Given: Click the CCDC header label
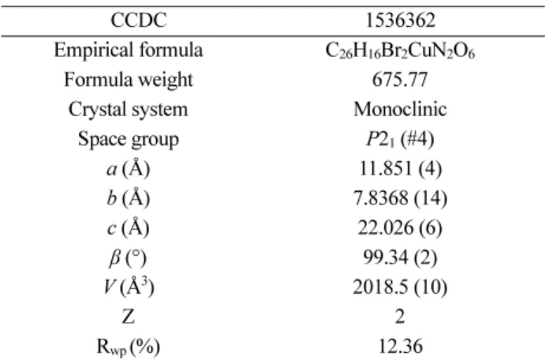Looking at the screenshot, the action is [x=138, y=20].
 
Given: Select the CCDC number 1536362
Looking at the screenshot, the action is [x=400, y=20].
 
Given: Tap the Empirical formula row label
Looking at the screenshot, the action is [x=129, y=50].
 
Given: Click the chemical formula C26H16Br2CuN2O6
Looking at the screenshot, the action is [x=400, y=51].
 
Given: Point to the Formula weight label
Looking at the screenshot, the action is [x=129, y=80].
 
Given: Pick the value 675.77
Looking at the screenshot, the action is [x=400, y=80].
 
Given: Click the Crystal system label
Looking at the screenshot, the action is [x=129, y=110].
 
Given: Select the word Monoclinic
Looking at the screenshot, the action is [x=400, y=109].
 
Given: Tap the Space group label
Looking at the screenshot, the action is [x=129, y=139].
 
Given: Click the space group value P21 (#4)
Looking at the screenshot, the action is [x=400, y=139].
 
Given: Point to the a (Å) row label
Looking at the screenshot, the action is [x=129, y=169].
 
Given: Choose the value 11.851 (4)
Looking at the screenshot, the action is [x=400, y=168].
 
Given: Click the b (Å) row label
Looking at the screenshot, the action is [x=129, y=198].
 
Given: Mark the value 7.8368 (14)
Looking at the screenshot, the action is [x=400, y=198].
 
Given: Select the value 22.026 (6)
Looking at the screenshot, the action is [x=400, y=227].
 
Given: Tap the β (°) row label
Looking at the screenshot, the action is [x=128, y=258].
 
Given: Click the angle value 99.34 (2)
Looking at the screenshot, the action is [x=400, y=257].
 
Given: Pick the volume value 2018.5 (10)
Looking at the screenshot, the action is [x=400, y=287].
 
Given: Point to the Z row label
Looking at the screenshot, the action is [x=129, y=317].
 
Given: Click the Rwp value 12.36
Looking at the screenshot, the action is [x=400, y=347].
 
